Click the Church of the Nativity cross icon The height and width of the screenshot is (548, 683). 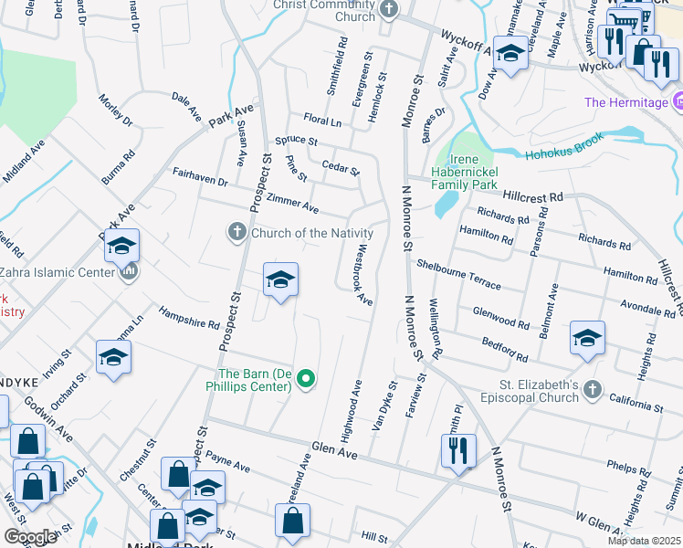point(236,232)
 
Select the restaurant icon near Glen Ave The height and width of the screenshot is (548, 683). point(457,450)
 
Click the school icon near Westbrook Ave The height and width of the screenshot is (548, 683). point(280,280)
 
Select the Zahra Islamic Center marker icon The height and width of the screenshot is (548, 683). point(129,271)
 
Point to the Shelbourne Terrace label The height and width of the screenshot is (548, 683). point(458,273)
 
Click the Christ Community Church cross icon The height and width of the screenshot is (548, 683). point(390,11)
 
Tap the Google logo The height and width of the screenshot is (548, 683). point(29,537)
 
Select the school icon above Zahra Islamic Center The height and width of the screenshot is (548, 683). point(121,246)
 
